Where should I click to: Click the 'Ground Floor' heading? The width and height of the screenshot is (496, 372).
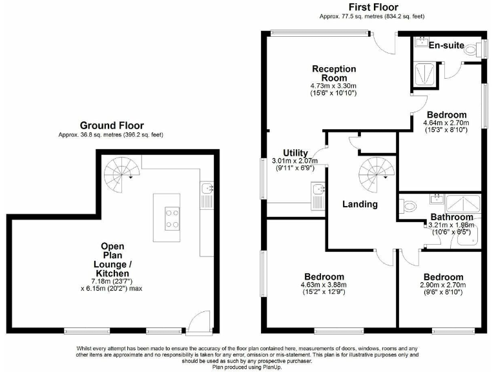(112, 125)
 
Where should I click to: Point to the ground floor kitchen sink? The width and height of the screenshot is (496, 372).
(207, 189)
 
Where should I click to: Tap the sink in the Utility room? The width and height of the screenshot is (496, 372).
(317, 190)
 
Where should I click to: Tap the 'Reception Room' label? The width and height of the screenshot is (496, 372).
(334, 73)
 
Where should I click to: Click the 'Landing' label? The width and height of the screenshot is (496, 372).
(360, 204)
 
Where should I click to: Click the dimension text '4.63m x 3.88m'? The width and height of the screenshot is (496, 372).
(323, 285)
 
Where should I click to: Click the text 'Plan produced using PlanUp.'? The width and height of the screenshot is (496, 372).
(248, 366)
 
